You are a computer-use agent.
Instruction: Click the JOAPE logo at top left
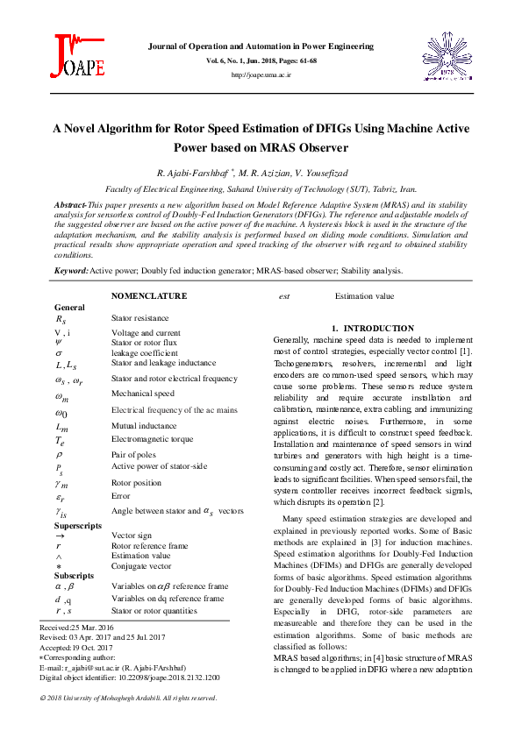click(79, 54)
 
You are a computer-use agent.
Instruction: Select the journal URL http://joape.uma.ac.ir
click(261, 75)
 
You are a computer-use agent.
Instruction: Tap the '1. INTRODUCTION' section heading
click(372, 327)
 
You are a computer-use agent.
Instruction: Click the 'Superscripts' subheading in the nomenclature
click(80, 524)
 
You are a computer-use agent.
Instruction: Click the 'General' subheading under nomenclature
click(69, 308)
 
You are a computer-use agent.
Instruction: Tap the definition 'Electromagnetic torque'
click(149, 440)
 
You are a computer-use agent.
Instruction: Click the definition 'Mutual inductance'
click(143, 426)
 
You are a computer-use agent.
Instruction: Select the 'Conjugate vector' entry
click(141, 566)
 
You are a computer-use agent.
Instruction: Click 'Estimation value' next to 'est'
click(364, 296)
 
